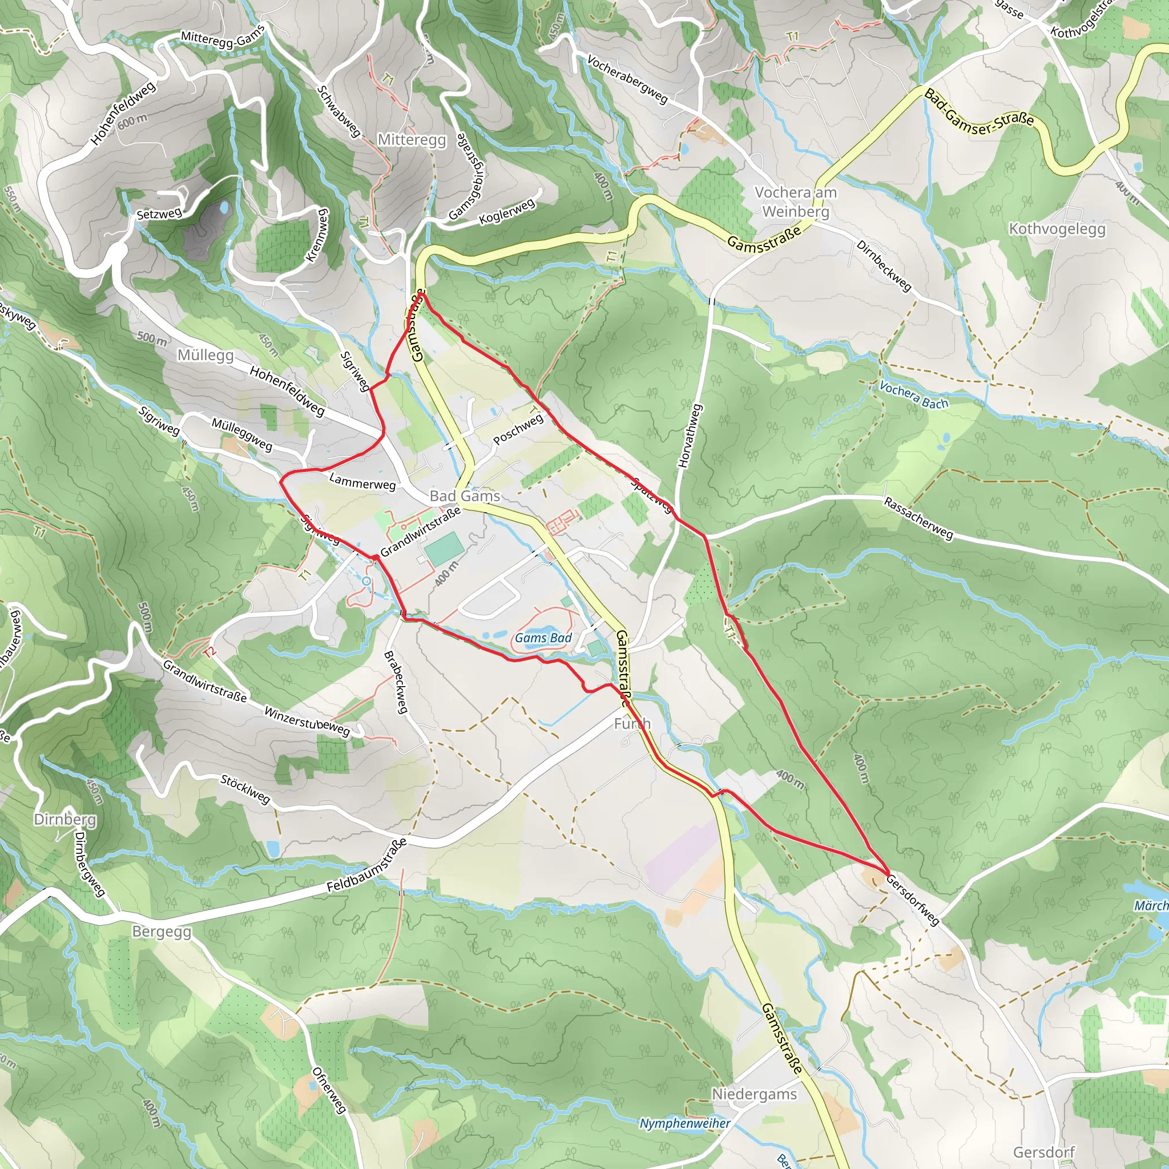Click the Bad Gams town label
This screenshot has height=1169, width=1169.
click(465, 496)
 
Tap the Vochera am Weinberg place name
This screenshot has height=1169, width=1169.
click(795, 201)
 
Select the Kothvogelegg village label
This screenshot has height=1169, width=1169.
click(1057, 229)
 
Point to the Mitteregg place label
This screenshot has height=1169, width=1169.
click(412, 140)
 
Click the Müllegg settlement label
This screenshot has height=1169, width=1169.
click(205, 355)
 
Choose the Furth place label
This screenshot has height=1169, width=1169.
click(632, 723)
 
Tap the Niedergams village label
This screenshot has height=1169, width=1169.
click(754, 1094)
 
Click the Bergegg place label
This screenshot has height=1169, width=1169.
click(162, 932)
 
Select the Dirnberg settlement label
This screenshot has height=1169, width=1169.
click(65, 819)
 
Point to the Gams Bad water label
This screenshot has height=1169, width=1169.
click(543, 638)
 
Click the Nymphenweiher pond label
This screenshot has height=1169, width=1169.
click(685, 1123)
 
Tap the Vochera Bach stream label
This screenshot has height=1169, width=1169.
click(914, 395)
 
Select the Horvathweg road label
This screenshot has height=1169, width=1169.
click(690, 436)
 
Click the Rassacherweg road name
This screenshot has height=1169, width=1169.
click(918, 518)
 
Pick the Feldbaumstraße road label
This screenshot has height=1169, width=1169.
click(366, 866)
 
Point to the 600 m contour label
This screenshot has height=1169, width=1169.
click(132, 120)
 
